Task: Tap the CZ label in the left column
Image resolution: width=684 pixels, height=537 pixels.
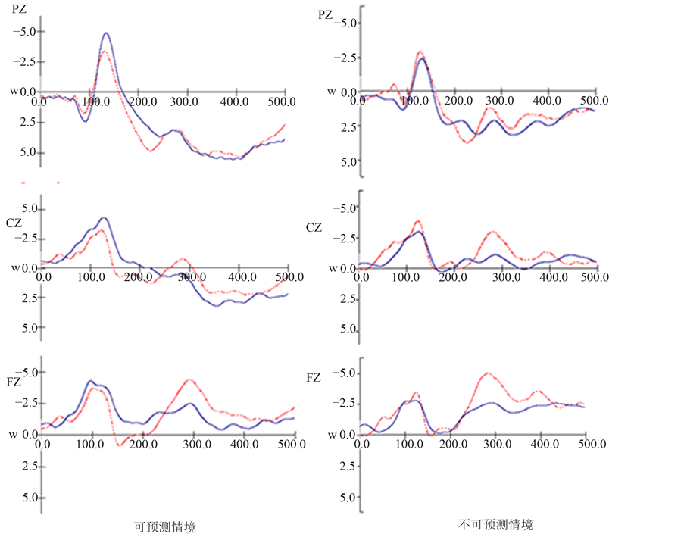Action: point(14,224)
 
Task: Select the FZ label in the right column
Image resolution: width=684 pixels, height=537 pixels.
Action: point(314,376)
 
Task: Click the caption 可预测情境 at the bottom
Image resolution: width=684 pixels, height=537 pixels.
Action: point(164,526)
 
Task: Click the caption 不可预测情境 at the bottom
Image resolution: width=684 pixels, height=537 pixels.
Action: point(495,524)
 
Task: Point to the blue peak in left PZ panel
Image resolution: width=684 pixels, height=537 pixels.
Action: point(106,33)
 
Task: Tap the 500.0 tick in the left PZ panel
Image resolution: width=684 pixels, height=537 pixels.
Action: point(283,101)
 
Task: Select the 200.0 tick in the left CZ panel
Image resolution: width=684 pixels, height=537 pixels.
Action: point(139,277)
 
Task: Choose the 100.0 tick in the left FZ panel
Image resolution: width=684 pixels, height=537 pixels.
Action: point(91,444)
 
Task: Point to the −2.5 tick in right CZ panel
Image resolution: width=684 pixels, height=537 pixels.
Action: point(344,239)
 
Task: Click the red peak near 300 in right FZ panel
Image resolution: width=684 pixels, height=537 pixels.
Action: point(487,373)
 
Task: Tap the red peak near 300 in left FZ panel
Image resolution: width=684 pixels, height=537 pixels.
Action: point(189,380)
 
